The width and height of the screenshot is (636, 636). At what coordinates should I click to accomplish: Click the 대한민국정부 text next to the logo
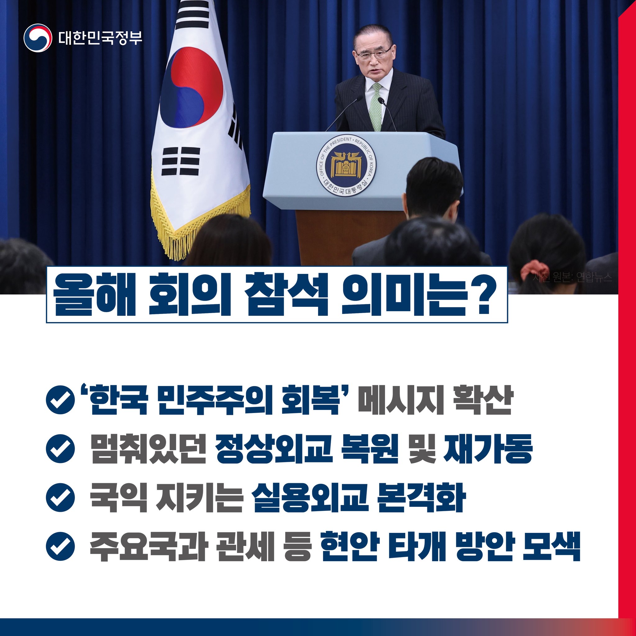(100, 38)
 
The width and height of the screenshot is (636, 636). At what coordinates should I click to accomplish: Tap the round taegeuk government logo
(38, 38)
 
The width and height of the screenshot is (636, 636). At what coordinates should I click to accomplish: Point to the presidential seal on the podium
(346, 165)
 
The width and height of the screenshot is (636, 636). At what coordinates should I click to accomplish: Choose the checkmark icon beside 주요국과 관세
(60, 545)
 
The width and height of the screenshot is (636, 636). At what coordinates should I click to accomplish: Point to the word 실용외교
(309, 497)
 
